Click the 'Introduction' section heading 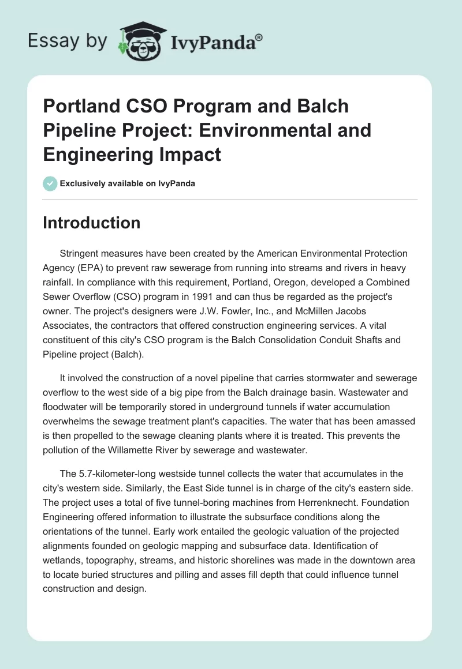point(91,223)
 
